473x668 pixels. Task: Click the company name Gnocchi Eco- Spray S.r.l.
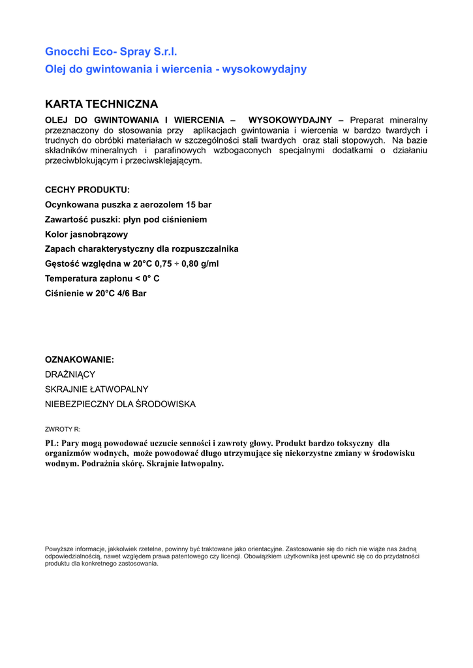pyautogui.click(x=111, y=52)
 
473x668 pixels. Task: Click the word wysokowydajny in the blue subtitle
pyautogui.click(x=264, y=69)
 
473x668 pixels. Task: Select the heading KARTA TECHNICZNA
pyautogui.click(x=101, y=104)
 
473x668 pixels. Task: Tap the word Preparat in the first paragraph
pyautogui.click(x=368, y=120)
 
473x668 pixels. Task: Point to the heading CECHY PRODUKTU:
pyautogui.click(x=87, y=190)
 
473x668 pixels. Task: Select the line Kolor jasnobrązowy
pyautogui.click(x=86, y=234)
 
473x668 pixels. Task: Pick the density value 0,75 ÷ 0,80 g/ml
pyautogui.click(x=187, y=264)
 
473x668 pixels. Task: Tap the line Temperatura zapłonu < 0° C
pyautogui.click(x=102, y=279)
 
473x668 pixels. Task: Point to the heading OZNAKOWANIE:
pyautogui.click(x=79, y=359)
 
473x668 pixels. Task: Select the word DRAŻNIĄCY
pyautogui.click(x=70, y=374)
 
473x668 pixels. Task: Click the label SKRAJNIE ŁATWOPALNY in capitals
pyautogui.click(x=97, y=389)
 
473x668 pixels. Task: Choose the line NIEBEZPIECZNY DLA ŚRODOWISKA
pyautogui.click(x=120, y=404)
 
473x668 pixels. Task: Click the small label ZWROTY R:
pyautogui.click(x=63, y=429)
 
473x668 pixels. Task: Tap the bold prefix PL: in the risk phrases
pyautogui.click(x=52, y=444)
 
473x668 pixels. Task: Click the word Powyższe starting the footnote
pyautogui.click(x=59, y=549)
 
